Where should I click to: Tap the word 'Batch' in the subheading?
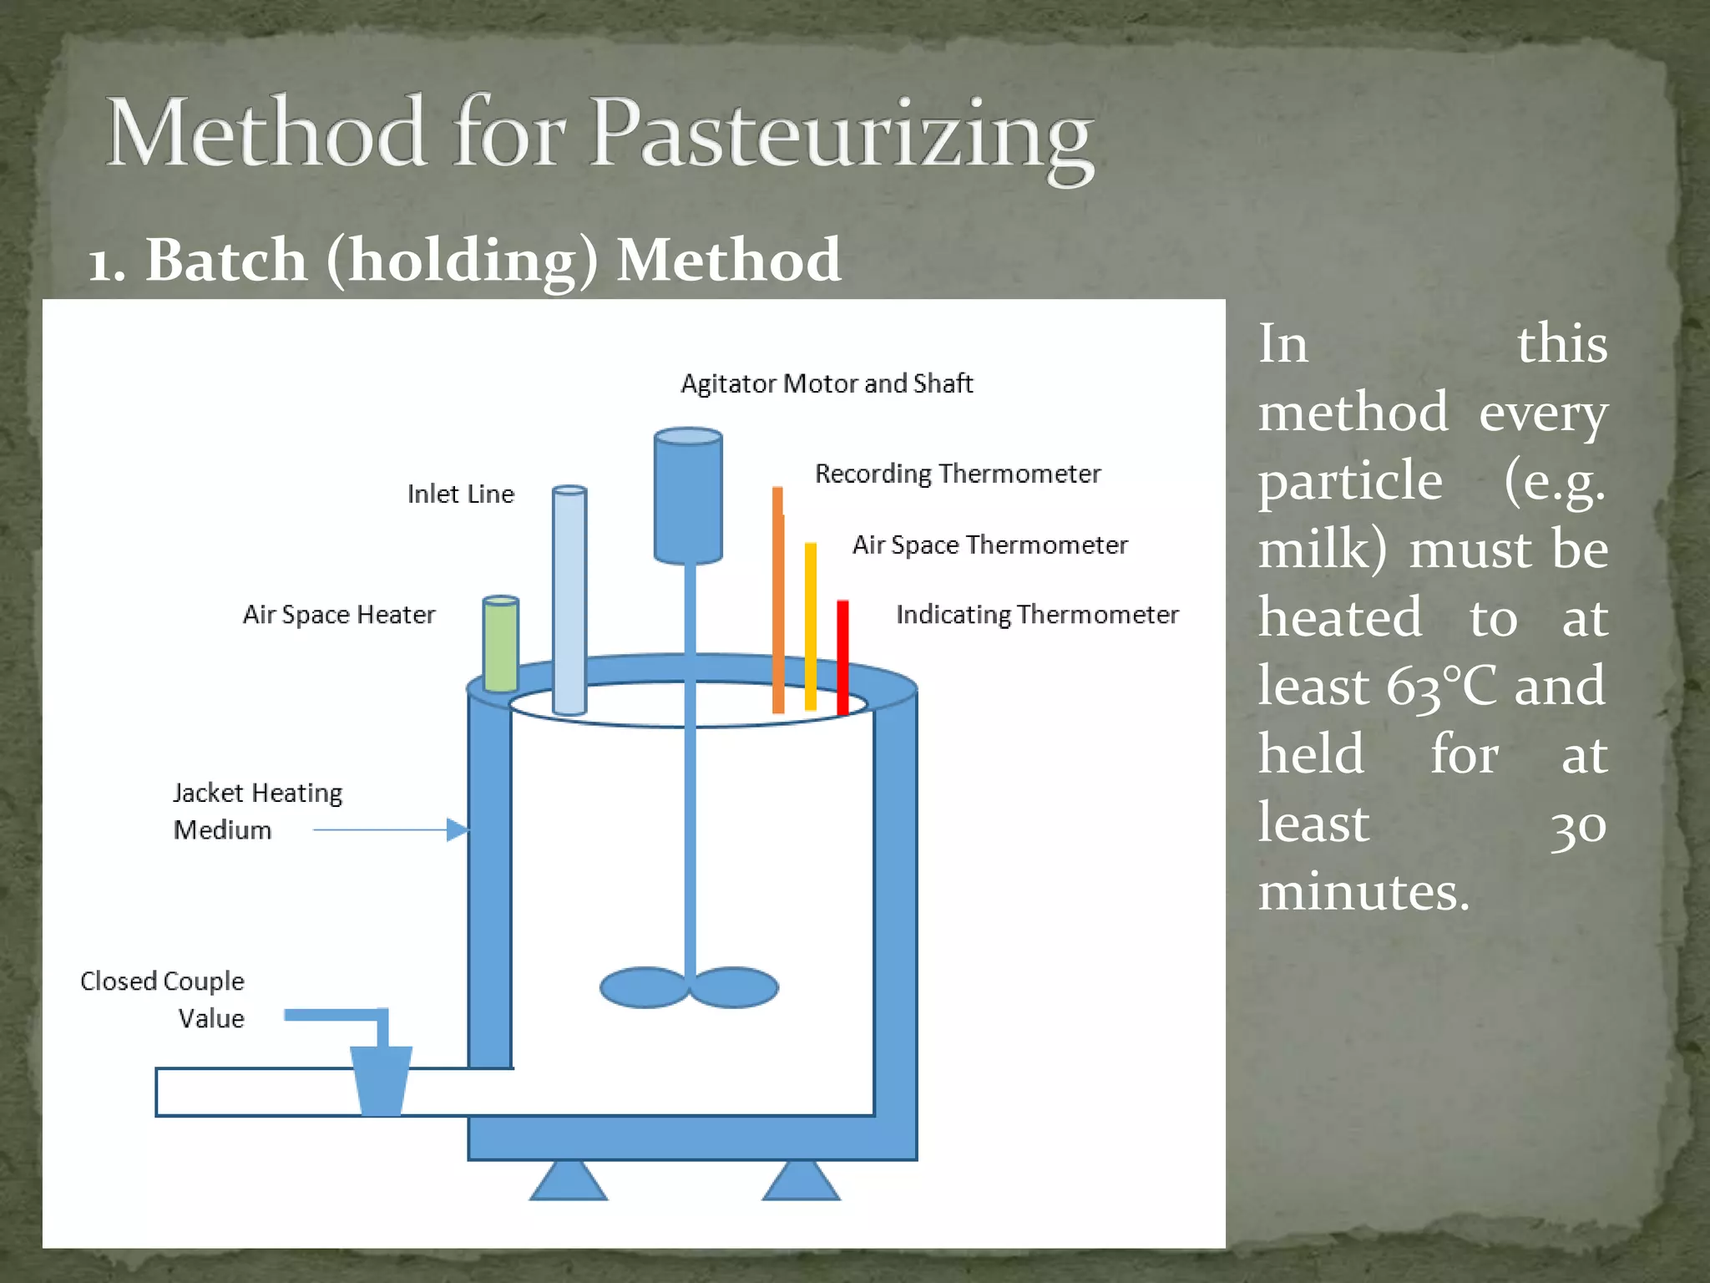coord(225,260)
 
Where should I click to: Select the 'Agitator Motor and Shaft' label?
coord(827,383)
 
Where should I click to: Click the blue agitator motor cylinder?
coord(688,496)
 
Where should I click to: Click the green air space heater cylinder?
coord(501,643)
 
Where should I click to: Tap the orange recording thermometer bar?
coord(778,601)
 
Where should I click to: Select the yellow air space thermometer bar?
coord(810,626)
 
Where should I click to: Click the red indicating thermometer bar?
coord(842,656)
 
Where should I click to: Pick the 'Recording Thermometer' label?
coord(957,474)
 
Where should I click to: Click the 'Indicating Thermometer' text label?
coord(1037,615)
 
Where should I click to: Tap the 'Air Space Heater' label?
coord(339,615)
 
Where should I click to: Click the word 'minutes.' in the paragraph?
coord(1363,891)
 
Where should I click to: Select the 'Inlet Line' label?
coord(460,494)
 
